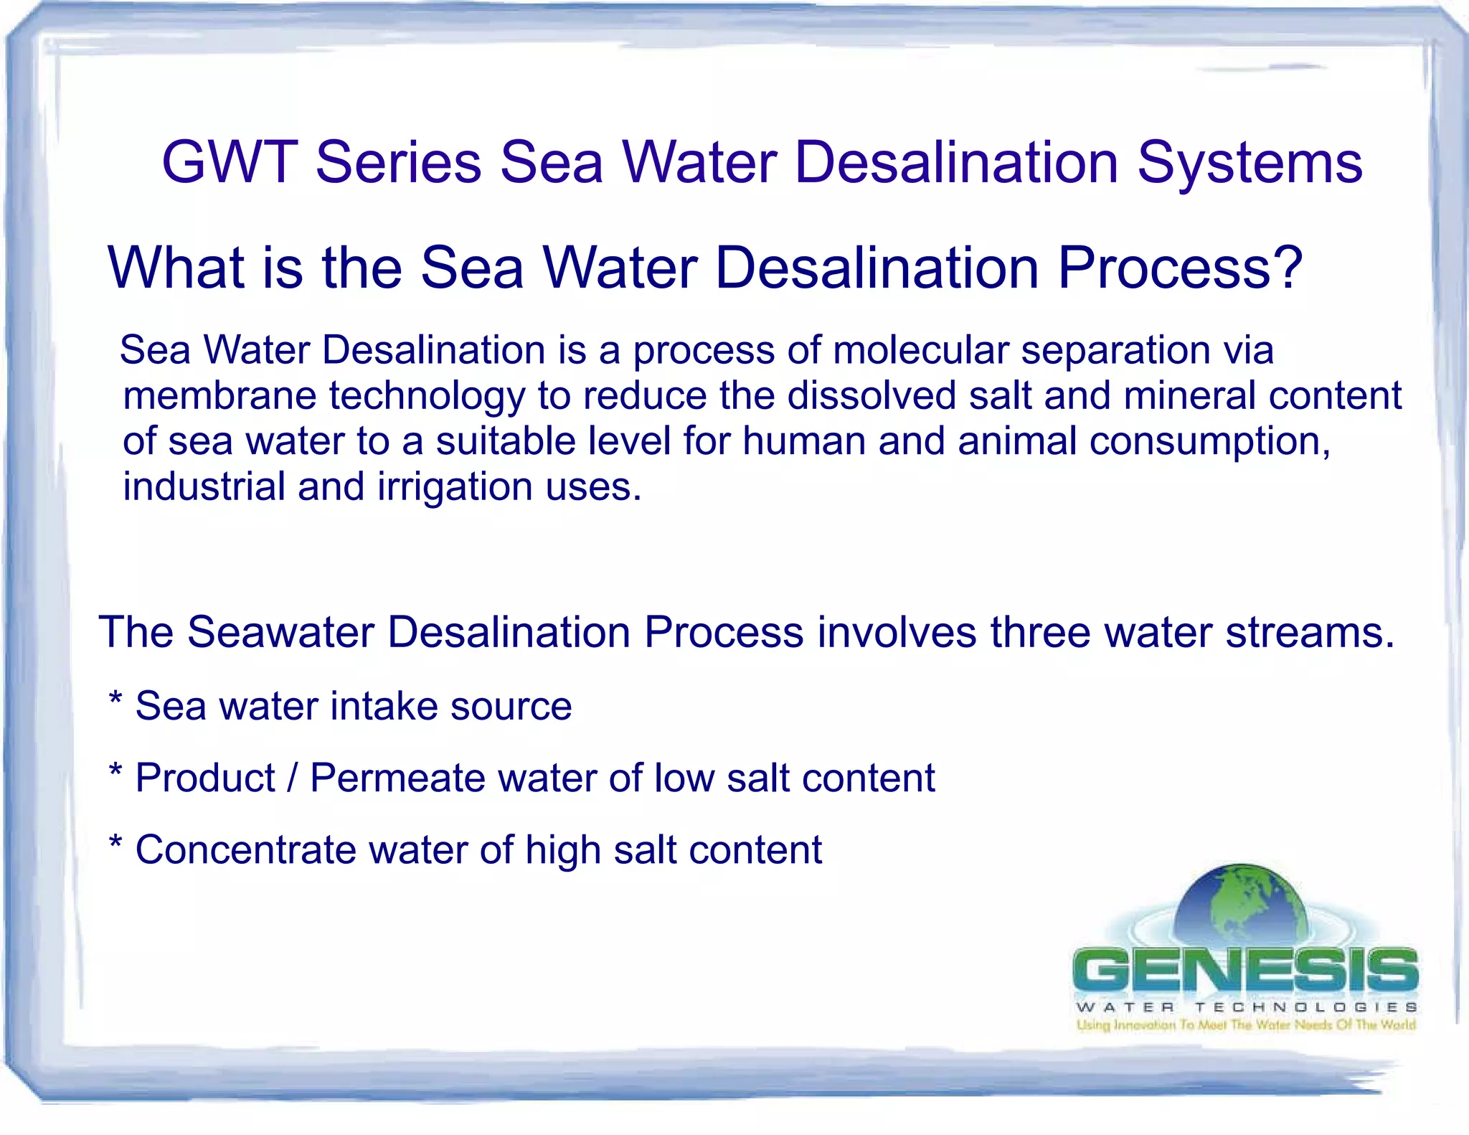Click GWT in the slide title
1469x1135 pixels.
tap(230, 162)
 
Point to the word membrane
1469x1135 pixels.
tap(219, 396)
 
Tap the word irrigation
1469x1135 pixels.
tap(455, 487)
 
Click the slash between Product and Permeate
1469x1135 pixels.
tap(293, 778)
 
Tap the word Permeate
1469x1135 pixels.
tap(397, 778)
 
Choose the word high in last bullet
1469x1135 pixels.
tap(562, 851)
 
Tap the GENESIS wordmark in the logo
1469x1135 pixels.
tap(1245, 970)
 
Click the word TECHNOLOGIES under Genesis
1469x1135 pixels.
tap(1305, 1007)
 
